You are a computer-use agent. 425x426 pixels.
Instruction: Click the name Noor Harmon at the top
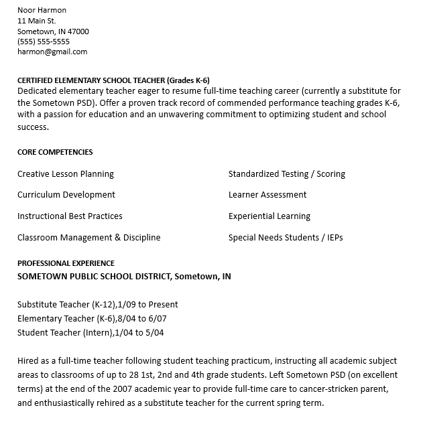tap(42, 10)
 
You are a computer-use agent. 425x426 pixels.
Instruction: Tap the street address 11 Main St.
tap(36, 21)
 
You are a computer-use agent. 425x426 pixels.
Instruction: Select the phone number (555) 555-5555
tap(43, 42)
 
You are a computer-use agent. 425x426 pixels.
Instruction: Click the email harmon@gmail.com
tap(52, 52)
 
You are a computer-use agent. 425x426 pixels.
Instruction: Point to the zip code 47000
tap(77, 31)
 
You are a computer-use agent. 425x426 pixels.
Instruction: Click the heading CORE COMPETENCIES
tap(55, 152)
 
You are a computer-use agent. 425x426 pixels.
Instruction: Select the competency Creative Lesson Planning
tap(66, 174)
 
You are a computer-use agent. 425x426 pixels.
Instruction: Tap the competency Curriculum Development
tap(66, 195)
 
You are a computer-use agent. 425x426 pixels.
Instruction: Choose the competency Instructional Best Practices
tap(70, 216)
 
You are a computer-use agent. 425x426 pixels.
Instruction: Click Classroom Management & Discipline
tap(89, 238)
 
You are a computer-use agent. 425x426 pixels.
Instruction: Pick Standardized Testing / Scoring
tap(287, 174)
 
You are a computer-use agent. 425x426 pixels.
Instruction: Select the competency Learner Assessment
tap(267, 195)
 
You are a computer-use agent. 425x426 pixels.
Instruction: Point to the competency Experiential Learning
tap(269, 216)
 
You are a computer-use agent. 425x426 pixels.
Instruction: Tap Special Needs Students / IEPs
tap(286, 238)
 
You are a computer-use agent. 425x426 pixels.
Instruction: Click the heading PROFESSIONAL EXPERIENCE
tap(66, 263)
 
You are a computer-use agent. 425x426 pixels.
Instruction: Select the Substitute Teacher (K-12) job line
tap(98, 304)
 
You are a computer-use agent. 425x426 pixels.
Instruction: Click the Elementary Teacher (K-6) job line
tap(92, 319)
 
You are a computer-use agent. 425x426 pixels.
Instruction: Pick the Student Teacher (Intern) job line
tap(90, 333)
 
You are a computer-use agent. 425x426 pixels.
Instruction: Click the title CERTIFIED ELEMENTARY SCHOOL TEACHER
tap(90, 80)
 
